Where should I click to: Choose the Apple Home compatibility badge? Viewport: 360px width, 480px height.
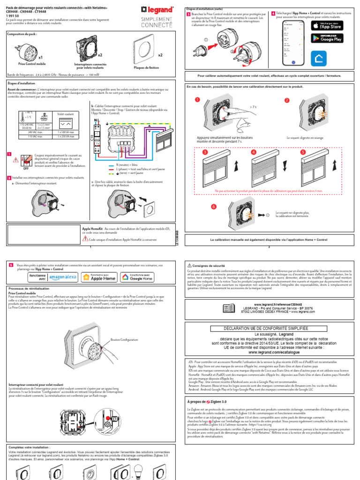point(99,277)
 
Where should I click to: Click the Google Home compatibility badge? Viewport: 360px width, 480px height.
point(137,277)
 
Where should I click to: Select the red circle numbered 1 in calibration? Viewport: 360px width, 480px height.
point(198,100)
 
